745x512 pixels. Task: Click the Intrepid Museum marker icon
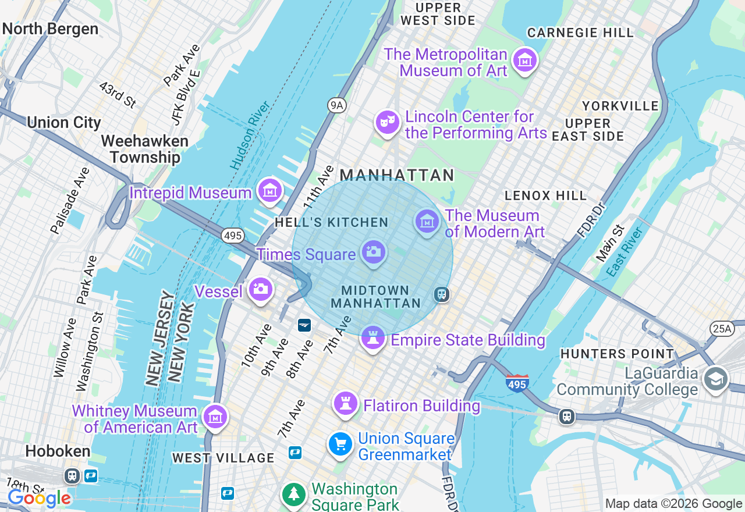pos(269,190)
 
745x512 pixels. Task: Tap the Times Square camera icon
pos(373,253)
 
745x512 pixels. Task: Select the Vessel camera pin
pos(260,289)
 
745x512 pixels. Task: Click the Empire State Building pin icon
pos(372,337)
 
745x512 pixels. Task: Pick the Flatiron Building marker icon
pos(345,403)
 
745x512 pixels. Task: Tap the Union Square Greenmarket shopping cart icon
pos(340,445)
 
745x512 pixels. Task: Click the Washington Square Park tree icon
pos(295,494)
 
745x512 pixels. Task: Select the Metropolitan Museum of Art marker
pos(525,59)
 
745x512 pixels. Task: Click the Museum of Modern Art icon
pos(427,222)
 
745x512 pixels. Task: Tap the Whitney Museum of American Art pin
pos(215,417)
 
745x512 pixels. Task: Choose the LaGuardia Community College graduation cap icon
pos(715,379)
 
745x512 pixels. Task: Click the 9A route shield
pos(336,105)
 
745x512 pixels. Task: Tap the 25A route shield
pos(721,329)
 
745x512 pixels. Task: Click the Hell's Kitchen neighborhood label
pos(331,222)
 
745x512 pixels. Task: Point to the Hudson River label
pos(250,135)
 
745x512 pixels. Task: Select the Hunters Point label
pos(617,353)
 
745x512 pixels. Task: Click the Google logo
pos(39,498)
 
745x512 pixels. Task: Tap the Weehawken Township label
pos(145,149)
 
